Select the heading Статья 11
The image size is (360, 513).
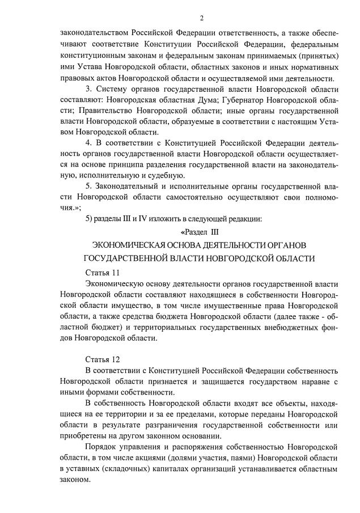tap(102, 272)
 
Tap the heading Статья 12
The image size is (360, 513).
tap(102, 359)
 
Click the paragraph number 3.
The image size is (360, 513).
tap(88, 90)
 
